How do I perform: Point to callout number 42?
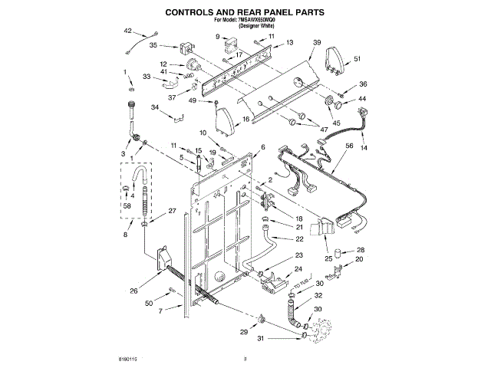tap(128, 31)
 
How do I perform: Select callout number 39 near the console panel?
tap(317, 44)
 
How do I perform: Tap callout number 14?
tap(364, 146)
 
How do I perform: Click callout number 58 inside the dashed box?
tap(126, 206)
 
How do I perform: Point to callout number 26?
tap(133, 290)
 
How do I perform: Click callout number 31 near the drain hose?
tap(259, 338)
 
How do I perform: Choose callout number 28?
tap(361, 251)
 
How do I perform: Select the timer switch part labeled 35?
tap(186, 48)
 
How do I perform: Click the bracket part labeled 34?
tap(180, 117)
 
